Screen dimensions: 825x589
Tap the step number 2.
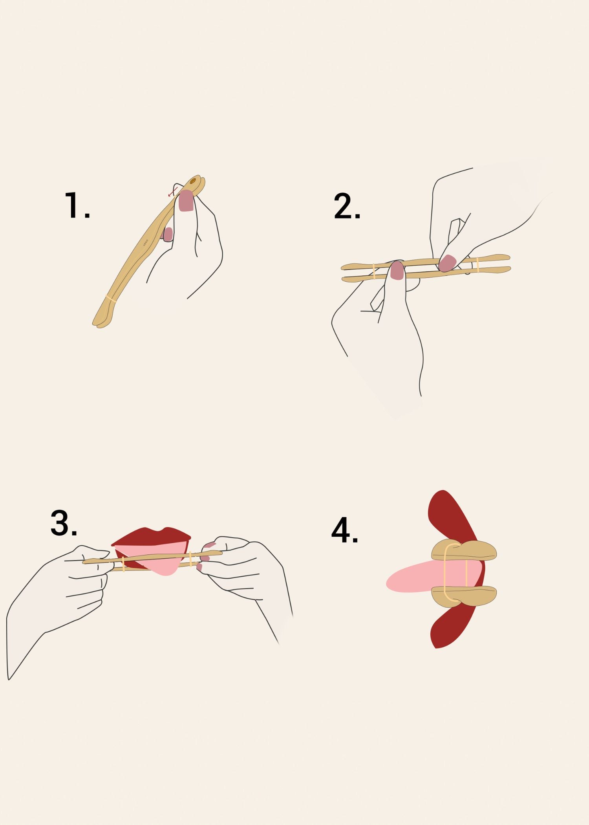point(346,207)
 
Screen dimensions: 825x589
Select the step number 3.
point(64,523)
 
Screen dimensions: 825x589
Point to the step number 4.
point(344,531)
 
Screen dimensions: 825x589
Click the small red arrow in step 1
point(172,192)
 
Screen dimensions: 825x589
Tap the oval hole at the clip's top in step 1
point(193,181)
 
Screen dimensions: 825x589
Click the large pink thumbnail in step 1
point(186,201)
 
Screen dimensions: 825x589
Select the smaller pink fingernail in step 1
point(168,234)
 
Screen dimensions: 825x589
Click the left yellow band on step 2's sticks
point(374,271)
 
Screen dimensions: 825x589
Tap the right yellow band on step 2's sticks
point(477,265)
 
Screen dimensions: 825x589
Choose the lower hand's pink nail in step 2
point(397,271)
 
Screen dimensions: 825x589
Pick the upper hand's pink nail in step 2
point(447,263)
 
